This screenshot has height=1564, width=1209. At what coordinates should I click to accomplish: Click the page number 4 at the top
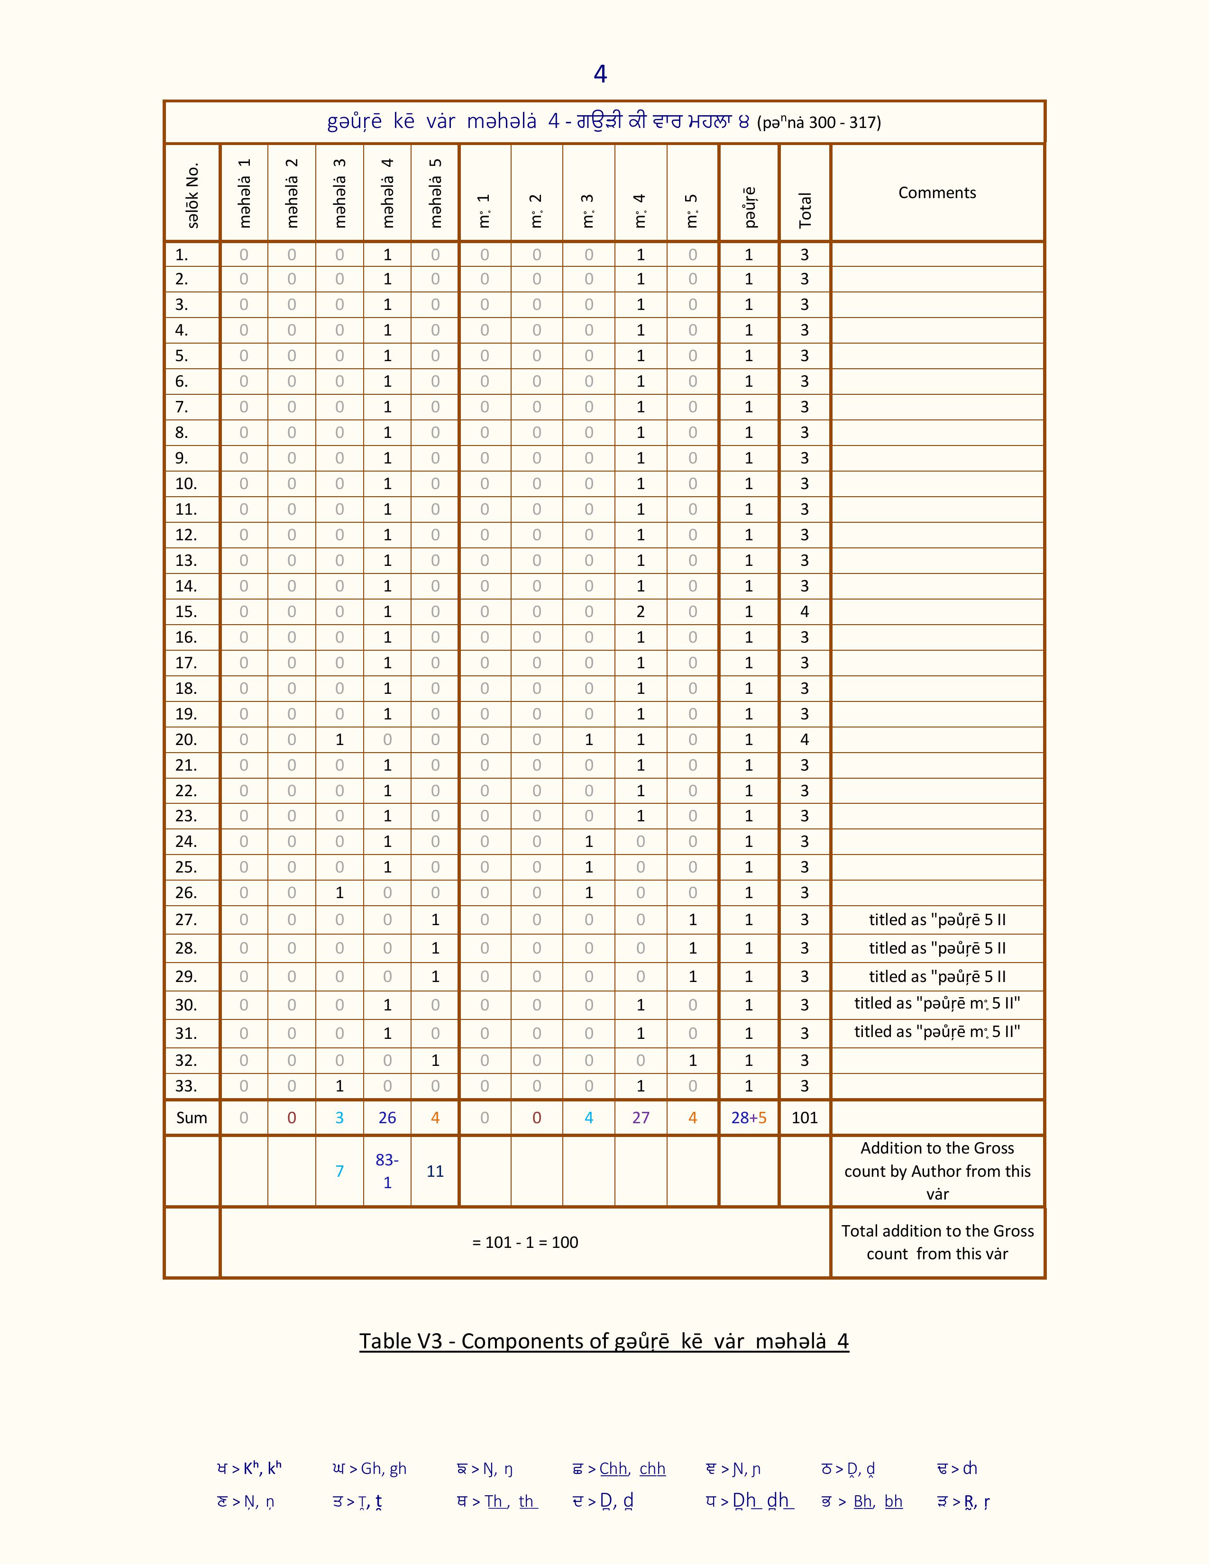(600, 74)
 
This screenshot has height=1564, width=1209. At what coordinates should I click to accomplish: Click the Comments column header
(937, 192)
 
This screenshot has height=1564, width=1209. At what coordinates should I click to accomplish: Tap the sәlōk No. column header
(192, 195)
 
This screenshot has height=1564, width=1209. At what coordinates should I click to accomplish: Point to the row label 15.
(185, 611)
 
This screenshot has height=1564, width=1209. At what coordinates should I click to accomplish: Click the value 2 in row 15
(641, 611)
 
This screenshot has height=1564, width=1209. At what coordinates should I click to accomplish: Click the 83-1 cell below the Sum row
(387, 1171)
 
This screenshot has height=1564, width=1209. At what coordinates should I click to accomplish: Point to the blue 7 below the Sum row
(339, 1171)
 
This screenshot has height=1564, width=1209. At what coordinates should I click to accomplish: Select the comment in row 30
(937, 1003)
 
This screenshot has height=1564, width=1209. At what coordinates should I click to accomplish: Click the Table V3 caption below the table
(604, 1341)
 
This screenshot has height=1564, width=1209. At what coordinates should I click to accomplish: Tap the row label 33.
(185, 1086)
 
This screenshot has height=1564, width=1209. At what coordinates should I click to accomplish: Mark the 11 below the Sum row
(435, 1171)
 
